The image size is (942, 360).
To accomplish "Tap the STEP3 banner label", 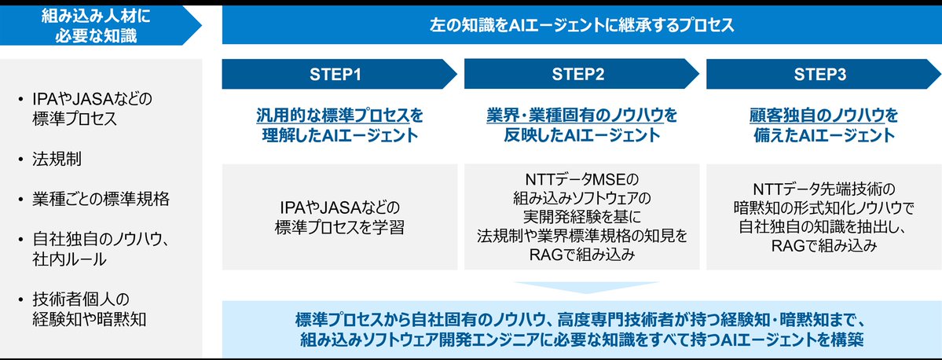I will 819,75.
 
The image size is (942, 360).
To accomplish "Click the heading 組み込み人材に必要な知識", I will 93,25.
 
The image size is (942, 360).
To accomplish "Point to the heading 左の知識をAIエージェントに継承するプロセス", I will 581,25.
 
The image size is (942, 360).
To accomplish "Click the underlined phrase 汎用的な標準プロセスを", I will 339,116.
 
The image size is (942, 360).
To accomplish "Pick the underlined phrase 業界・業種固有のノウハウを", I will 581,116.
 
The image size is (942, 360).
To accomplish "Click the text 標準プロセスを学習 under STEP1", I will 339,228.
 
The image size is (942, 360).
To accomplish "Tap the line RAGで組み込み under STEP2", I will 581,253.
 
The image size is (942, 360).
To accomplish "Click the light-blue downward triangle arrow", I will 585,287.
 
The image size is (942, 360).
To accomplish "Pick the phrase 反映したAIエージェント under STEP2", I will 581,135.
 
